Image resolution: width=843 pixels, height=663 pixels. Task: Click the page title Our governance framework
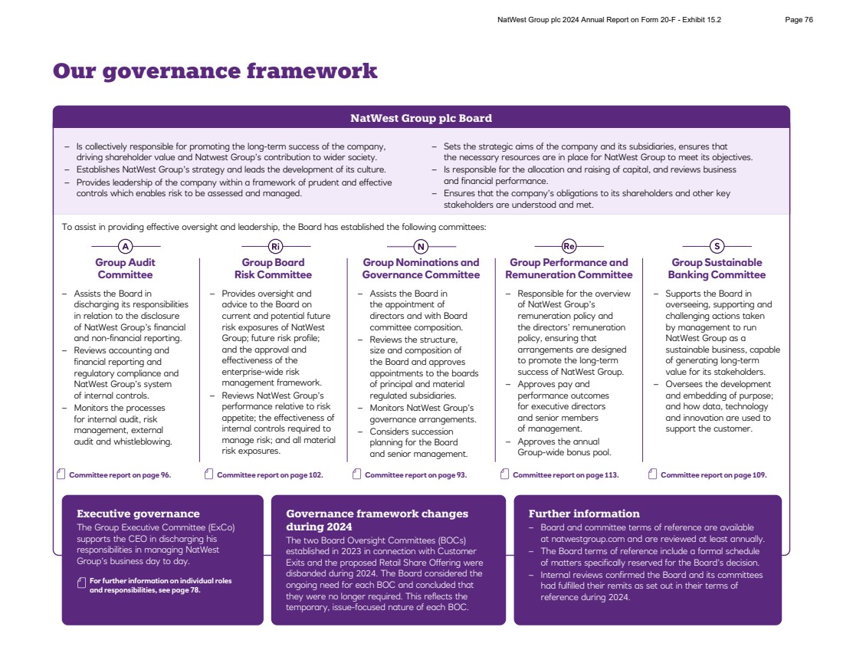point(215,71)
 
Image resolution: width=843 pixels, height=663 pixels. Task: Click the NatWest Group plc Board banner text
point(421,118)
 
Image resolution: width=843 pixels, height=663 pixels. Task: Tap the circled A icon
point(125,246)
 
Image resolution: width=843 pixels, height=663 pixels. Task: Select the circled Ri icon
point(275,246)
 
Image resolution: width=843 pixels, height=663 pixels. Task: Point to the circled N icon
point(421,246)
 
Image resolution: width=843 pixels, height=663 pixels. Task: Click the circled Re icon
point(569,246)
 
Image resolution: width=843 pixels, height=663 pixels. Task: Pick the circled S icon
point(717,246)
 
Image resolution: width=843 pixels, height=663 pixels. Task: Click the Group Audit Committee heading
point(125,268)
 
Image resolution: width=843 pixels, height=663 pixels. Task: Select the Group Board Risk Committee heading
point(273,268)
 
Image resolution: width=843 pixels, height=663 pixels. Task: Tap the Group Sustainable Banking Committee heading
point(717,268)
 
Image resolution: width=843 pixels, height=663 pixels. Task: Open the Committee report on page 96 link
point(120,475)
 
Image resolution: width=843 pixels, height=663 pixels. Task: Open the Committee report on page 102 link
point(270,475)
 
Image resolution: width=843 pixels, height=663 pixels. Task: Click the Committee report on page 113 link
point(566,475)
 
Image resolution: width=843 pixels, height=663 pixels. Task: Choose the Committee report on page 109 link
point(713,475)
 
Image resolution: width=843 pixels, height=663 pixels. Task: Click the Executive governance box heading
point(138,514)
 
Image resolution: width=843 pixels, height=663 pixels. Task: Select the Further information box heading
point(584,514)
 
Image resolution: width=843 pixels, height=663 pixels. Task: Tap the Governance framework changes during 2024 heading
point(376,520)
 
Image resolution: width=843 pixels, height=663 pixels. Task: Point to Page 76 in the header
point(799,20)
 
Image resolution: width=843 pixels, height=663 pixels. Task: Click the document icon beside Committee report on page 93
point(356,474)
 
